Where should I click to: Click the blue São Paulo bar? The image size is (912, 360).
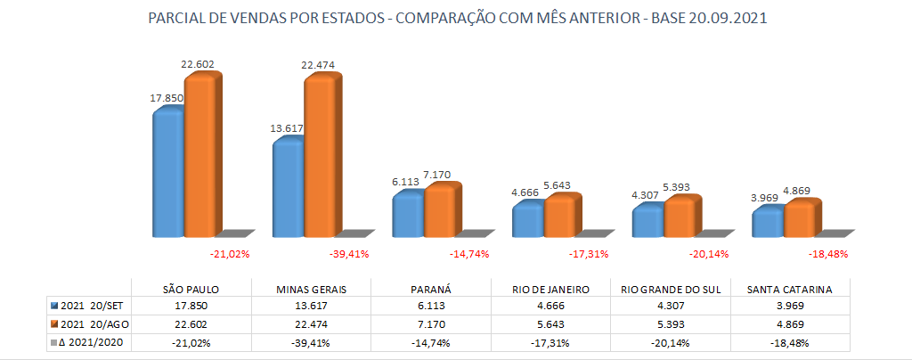point(167,174)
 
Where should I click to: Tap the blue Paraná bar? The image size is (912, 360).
point(407,217)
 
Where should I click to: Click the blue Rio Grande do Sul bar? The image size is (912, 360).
point(647,223)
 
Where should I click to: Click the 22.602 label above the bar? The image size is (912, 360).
point(197,64)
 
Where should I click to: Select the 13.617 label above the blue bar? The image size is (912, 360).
point(287,128)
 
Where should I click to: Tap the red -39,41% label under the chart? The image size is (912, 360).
point(350,254)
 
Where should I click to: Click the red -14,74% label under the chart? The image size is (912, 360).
point(469,254)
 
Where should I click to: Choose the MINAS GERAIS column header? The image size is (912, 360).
point(311,290)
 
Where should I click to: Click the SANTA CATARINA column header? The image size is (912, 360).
point(790,290)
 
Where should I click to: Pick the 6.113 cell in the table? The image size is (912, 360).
point(430,306)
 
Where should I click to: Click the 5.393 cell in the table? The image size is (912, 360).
point(670,323)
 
